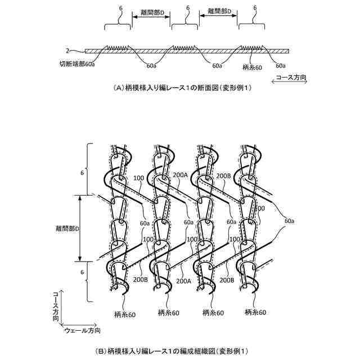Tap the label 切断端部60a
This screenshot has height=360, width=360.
pos(77,65)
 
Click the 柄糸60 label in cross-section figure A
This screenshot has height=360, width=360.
pos(252,67)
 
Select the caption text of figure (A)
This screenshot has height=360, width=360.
pos(174,88)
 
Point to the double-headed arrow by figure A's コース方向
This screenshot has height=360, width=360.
pos(288,82)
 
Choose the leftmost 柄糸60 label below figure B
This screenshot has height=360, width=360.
pos(124,313)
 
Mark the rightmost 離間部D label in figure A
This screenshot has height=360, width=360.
pos(219,11)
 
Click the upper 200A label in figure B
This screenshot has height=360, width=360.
pos(181,175)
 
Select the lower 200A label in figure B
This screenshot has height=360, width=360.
pos(181,279)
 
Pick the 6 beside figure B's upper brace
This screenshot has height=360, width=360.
pos(82,173)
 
